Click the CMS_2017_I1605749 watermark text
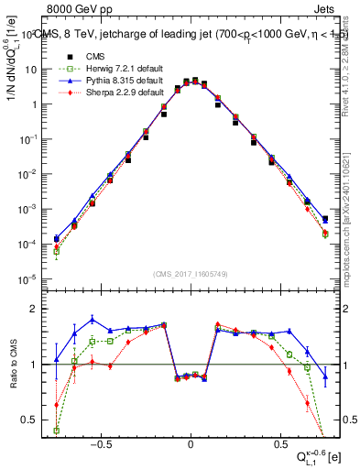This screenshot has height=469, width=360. click(x=190, y=274)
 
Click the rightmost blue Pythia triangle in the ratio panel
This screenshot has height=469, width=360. click(x=325, y=376)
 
